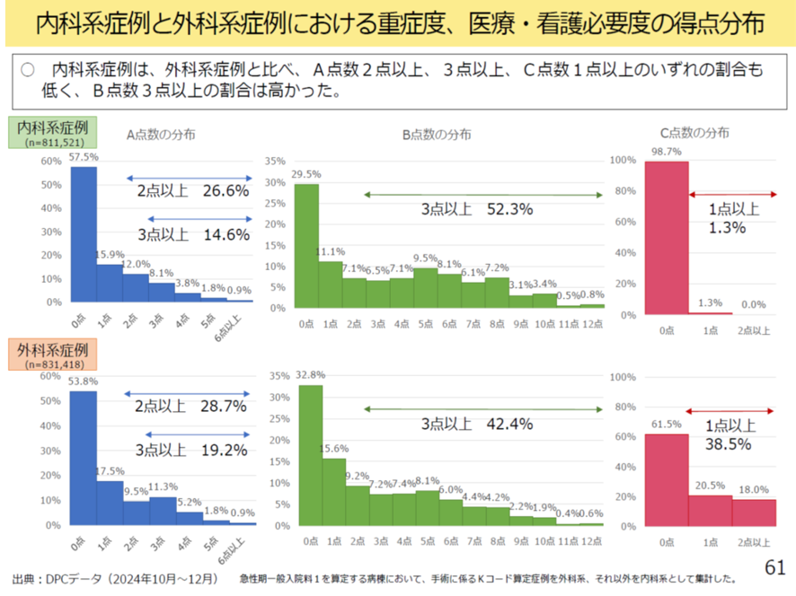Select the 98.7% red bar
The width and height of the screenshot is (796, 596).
666,238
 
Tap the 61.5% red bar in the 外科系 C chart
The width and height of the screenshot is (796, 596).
666,479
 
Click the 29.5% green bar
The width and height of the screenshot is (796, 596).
307,246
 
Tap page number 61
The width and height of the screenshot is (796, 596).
774,567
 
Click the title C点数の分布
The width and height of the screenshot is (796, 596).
694,133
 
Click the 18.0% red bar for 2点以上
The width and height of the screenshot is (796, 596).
755,512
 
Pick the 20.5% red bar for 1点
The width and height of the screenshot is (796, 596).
710,510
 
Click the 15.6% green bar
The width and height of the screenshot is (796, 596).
333,492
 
